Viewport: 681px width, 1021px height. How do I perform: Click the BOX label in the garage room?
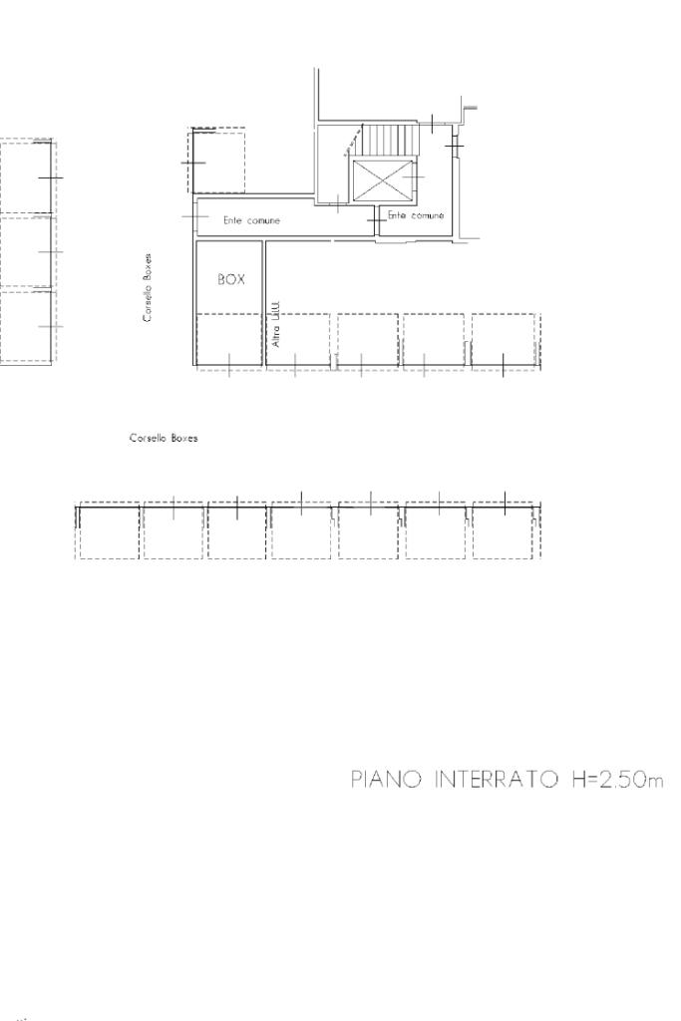(231, 279)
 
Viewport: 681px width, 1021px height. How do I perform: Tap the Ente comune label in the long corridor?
(251, 220)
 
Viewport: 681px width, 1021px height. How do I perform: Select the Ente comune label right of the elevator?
(416, 215)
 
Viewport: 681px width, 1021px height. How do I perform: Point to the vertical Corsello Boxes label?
(149, 288)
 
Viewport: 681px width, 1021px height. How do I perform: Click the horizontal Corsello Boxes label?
(164, 439)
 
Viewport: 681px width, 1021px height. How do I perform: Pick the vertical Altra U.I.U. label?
(275, 324)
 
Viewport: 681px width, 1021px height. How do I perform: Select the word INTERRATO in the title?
(497, 780)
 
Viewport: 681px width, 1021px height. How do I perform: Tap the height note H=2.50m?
(618, 780)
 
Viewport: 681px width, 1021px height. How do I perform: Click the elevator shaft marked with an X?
(382, 180)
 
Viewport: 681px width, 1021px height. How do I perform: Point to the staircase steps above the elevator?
(389, 140)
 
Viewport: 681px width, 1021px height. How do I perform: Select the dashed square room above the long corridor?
(216, 161)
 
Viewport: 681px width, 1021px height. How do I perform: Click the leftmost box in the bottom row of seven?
(108, 531)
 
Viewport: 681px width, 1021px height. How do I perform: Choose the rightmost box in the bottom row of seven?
(506, 531)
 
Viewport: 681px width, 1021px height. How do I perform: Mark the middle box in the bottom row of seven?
(300, 531)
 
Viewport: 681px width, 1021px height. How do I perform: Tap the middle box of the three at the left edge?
(26, 250)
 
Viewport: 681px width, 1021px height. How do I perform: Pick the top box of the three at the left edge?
(26, 176)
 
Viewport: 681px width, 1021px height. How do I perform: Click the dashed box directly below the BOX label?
(229, 341)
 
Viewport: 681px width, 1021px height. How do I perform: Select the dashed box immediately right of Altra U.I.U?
(297, 341)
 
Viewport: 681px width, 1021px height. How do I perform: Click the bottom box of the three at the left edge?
(26, 327)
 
